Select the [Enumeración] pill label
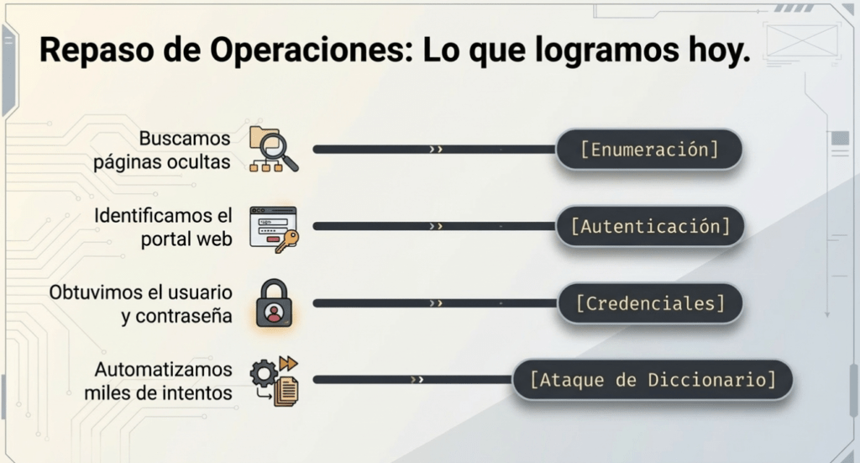click(x=649, y=150)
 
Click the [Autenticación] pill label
click(x=651, y=226)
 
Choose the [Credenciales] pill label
click(x=651, y=303)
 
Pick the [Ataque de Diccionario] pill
click(x=653, y=380)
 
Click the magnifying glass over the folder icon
click(x=278, y=152)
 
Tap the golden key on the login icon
click(x=287, y=241)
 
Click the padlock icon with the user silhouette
click(x=274, y=303)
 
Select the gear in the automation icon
click(x=264, y=374)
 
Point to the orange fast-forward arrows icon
click(x=288, y=363)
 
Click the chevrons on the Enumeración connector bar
click(x=436, y=150)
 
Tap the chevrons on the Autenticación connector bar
click(x=436, y=226)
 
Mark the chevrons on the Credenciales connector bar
click(x=436, y=303)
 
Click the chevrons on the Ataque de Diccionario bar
click(x=417, y=380)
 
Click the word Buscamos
click(x=184, y=139)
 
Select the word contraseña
click(x=184, y=316)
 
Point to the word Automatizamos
click(x=164, y=370)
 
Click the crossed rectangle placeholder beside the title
click(x=802, y=40)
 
